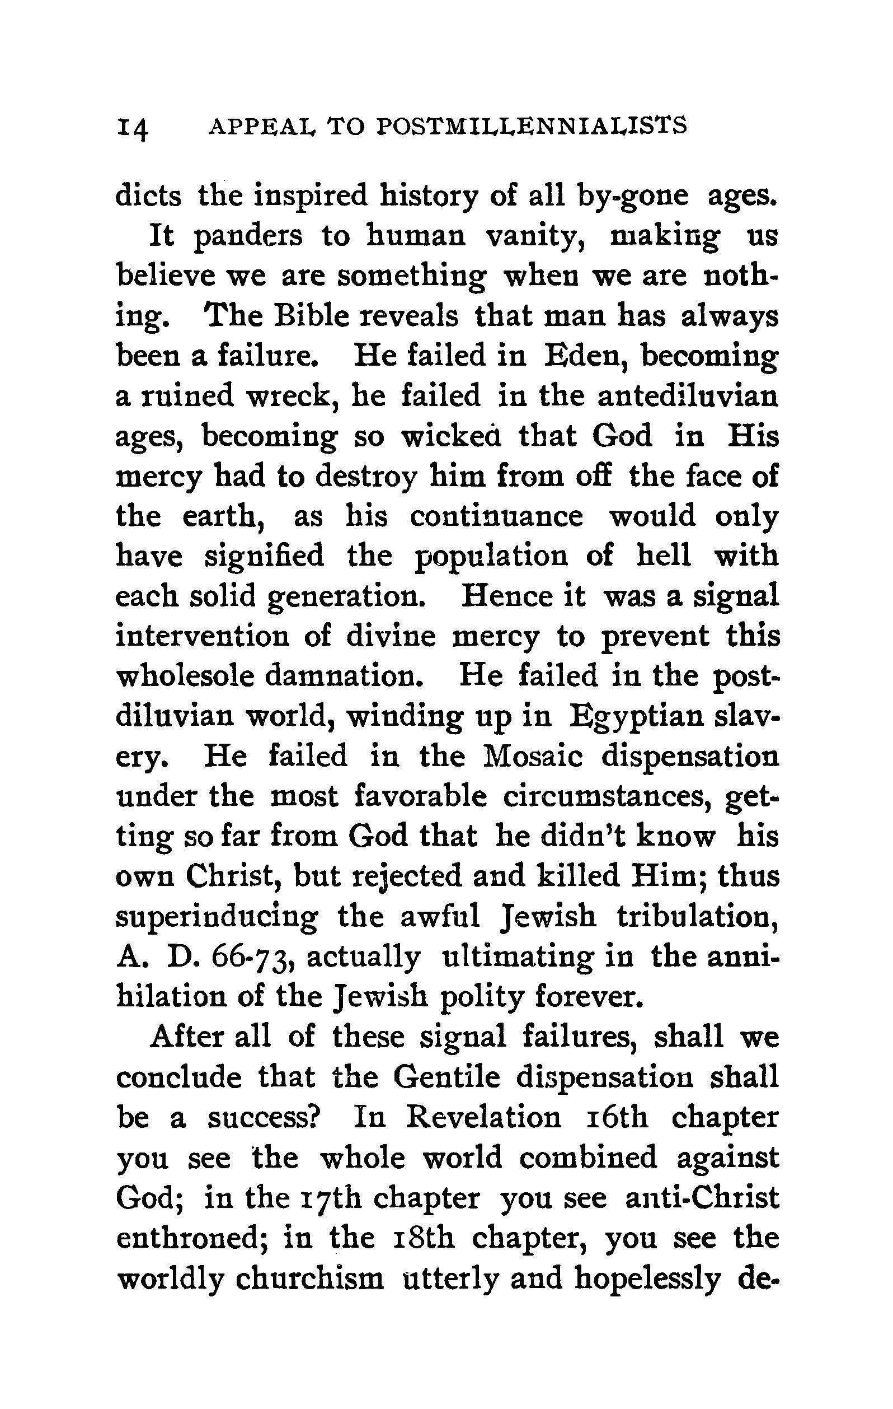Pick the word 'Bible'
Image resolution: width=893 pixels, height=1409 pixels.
tap(311, 316)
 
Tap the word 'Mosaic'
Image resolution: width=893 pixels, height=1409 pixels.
tap(533, 756)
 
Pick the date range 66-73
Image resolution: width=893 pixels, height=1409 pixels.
tap(251, 958)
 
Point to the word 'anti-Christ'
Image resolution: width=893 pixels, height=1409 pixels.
tap(702, 1198)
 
